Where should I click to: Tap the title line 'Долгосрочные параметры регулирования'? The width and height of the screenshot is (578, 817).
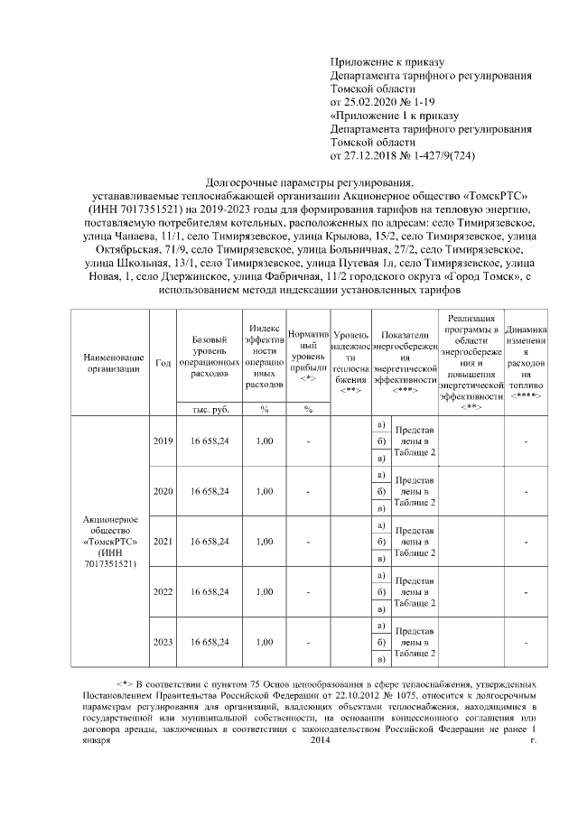coord(309,182)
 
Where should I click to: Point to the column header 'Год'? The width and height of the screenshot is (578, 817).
coord(163,363)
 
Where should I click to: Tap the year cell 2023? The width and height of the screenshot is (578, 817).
coord(163,642)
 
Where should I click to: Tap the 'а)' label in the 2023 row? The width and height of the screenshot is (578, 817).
coord(380,626)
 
